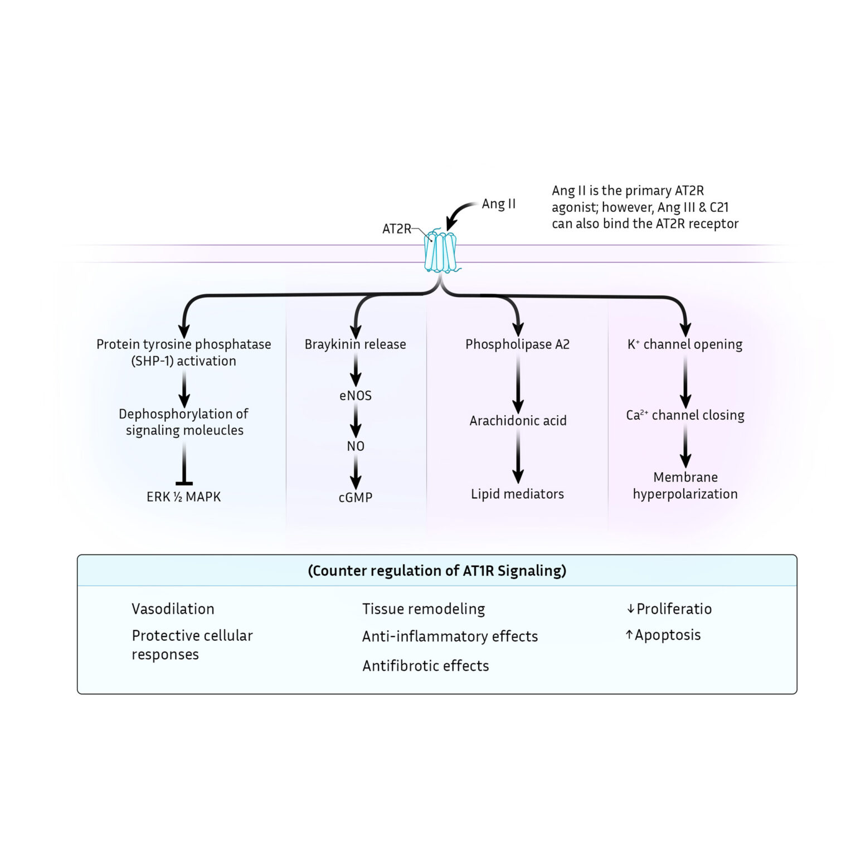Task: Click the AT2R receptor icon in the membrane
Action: (x=440, y=252)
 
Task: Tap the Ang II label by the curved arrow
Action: (x=498, y=204)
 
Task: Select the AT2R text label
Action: (x=396, y=228)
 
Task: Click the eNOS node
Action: (x=355, y=396)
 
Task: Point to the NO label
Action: (x=355, y=446)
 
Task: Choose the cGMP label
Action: (x=355, y=497)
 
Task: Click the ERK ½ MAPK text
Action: (x=183, y=497)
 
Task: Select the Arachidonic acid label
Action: (x=518, y=421)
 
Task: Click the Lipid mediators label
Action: (x=517, y=494)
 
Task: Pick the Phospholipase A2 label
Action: (x=517, y=344)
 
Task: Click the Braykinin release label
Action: (x=355, y=344)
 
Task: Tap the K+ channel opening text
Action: (x=685, y=344)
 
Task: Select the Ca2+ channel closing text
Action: (x=685, y=415)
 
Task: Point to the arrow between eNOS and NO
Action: (x=355, y=421)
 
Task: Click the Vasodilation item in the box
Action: (x=173, y=609)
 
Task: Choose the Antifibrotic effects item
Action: (x=425, y=665)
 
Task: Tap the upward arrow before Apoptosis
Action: (x=629, y=635)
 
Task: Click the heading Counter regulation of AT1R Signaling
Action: (x=437, y=571)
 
